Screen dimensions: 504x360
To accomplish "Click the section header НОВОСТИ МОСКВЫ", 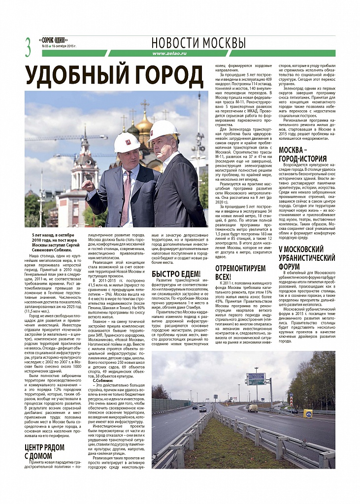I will pos(198,42).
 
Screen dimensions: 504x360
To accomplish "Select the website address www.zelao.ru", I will pos(169,53).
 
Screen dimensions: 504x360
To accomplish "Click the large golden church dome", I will pos(144,124).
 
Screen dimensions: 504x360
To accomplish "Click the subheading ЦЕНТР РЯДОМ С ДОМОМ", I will pos(44,451).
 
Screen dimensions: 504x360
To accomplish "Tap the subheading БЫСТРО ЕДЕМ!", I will pos(176,274).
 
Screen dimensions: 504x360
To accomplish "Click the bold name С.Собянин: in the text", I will pos(103,381).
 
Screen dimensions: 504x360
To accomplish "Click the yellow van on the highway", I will pos(253,408).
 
